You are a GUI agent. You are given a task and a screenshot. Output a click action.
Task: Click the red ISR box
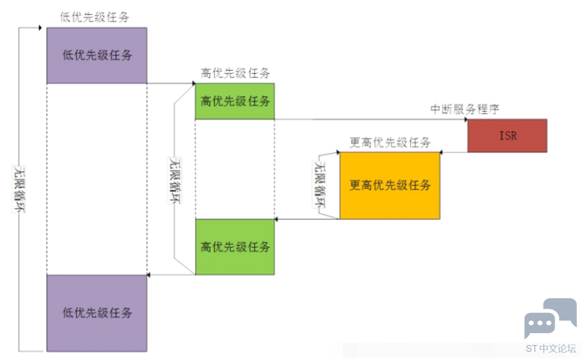tap(507, 136)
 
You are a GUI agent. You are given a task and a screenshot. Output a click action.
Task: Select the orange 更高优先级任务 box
tap(390, 186)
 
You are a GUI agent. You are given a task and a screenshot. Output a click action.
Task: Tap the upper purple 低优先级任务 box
tap(97, 55)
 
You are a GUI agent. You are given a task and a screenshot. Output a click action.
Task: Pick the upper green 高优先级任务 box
tap(235, 101)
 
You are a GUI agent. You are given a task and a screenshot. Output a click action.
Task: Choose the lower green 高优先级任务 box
tap(235, 247)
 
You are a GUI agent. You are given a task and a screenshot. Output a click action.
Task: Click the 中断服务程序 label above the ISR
tap(464, 109)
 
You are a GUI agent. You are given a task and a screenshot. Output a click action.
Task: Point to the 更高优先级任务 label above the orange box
tap(390, 142)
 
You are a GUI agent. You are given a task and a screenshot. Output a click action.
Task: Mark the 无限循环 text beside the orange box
tap(321, 186)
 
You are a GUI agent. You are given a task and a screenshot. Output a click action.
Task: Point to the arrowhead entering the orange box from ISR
tap(444, 153)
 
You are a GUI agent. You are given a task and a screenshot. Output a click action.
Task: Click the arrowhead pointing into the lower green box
tap(278, 219)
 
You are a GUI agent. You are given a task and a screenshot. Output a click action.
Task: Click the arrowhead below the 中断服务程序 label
tap(464, 119)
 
